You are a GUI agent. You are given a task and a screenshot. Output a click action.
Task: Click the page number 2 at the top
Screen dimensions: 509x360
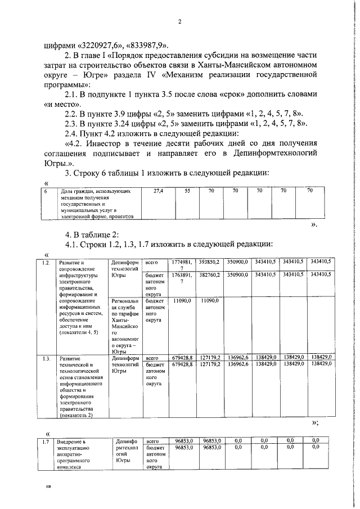pyautogui.click(x=180, y=22)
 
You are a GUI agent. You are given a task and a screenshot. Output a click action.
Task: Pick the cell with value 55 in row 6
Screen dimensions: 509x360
pyautogui.click(x=187, y=192)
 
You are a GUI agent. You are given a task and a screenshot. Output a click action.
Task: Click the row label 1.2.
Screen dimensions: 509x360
pyautogui.click(x=47, y=262)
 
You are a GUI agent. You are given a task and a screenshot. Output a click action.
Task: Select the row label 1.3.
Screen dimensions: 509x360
pyautogui.click(x=47, y=357)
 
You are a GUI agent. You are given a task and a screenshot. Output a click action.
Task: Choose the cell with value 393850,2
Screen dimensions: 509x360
pyautogui.click(x=210, y=262)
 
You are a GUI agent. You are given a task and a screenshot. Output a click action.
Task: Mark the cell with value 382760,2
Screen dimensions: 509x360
pyautogui.click(x=210, y=274)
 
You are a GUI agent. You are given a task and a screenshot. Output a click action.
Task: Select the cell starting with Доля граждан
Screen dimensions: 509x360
pyautogui.click(x=97, y=202)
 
